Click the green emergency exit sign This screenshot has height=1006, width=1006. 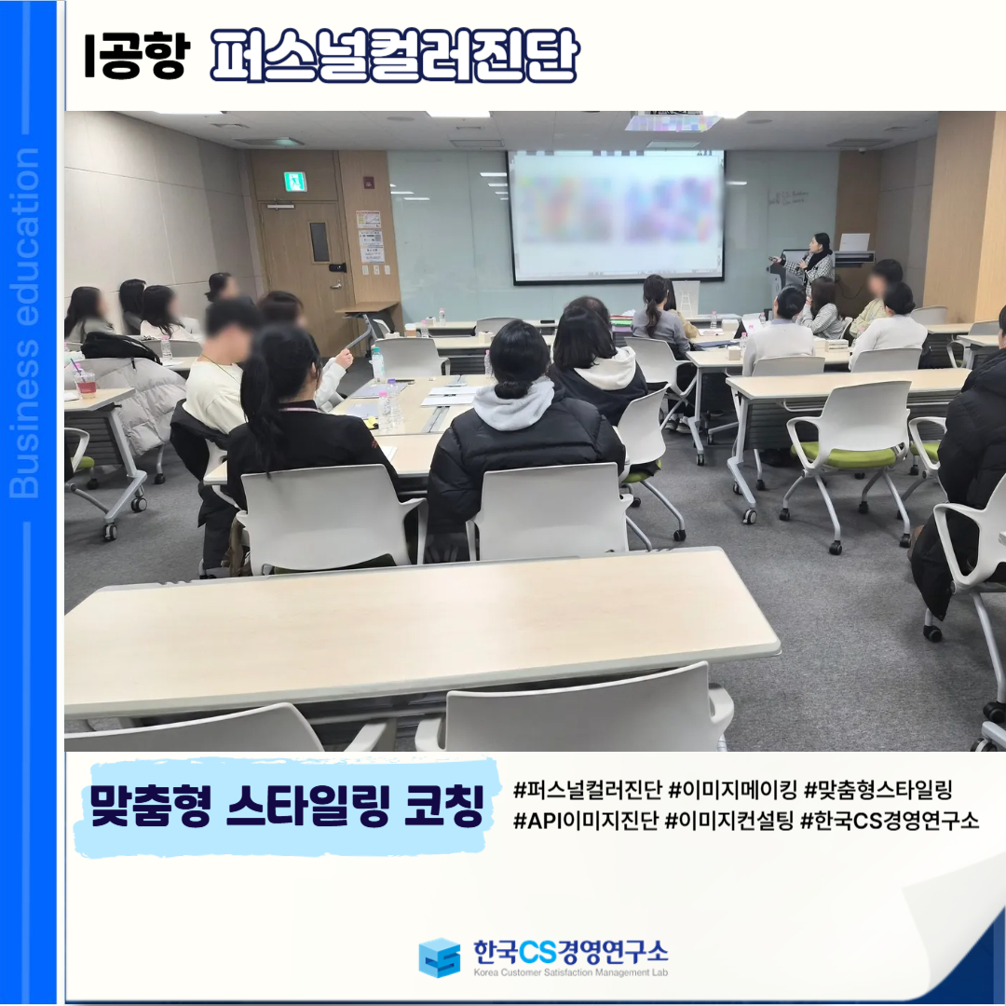(295, 182)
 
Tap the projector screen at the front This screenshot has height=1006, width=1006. (616, 216)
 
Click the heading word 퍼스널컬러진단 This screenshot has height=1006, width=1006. (394, 55)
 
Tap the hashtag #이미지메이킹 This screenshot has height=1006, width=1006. (732, 790)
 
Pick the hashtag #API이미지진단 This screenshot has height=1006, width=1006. (586, 821)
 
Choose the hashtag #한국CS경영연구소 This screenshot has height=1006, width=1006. (890, 821)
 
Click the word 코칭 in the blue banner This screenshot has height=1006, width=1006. (444, 805)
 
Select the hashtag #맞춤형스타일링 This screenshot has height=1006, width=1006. (877, 790)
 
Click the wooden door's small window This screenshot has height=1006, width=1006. (319, 242)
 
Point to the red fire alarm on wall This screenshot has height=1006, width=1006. (369, 182)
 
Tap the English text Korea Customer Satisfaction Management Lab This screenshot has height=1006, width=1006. (570, 972)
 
